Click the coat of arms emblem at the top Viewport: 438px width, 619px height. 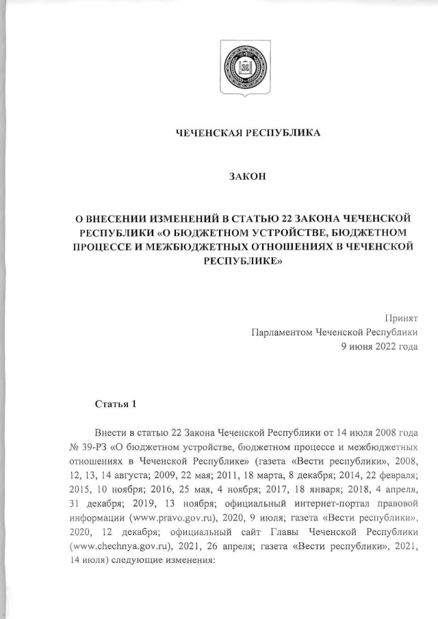coord(244,68)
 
